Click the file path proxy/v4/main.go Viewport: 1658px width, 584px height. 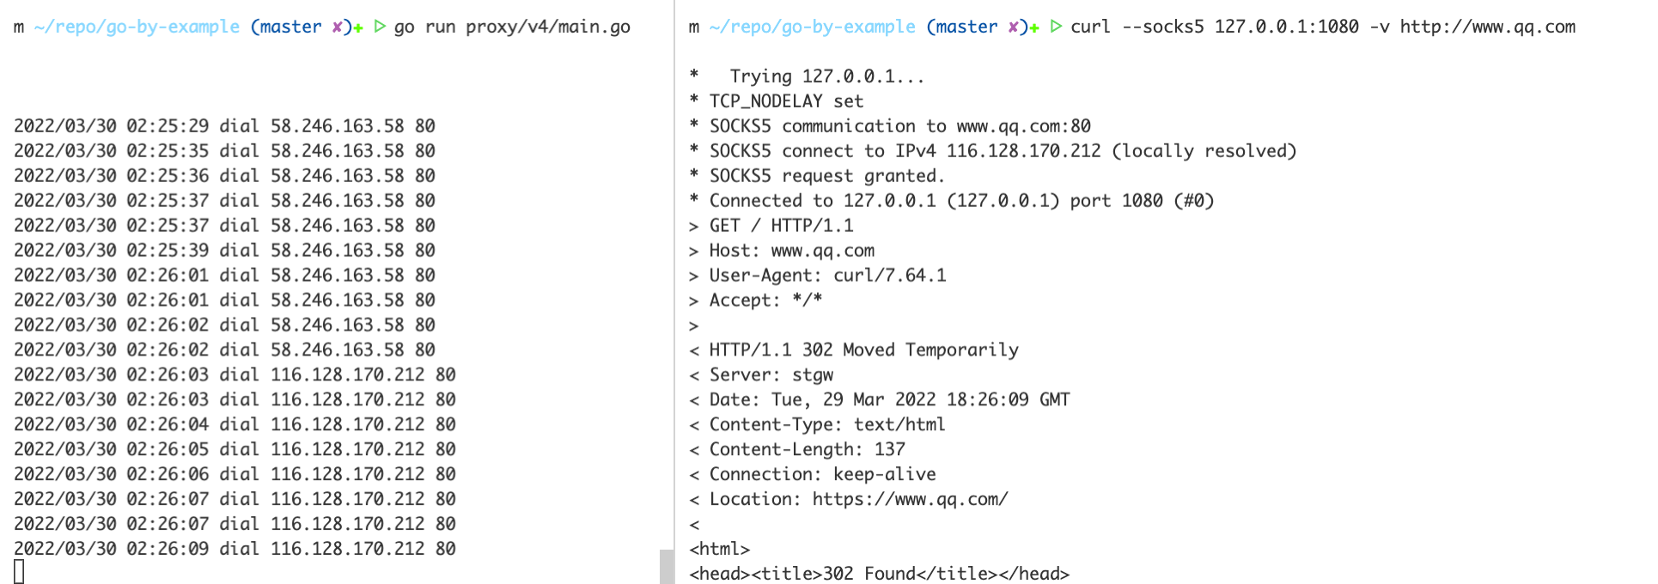coord(548,27)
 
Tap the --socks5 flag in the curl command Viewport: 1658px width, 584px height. coord(1163,27)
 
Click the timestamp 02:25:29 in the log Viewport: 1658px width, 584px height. coord(168,126)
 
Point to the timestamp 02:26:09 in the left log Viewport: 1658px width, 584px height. coord(168,549)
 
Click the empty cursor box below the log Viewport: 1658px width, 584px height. coord(19,571)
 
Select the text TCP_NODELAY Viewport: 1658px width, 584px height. coord(766,101)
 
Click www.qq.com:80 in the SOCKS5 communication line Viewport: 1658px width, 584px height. coord(1024,126)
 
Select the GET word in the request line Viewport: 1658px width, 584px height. coord(724,226)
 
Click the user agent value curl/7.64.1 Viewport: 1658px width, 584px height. coord(890,276)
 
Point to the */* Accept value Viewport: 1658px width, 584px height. coord(808,301)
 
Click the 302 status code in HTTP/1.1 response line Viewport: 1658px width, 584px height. coord(817,350)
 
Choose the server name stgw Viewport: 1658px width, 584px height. coord(813,375)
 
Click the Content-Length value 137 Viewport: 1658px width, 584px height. coord(890,450)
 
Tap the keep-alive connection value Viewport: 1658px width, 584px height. coord(885,475)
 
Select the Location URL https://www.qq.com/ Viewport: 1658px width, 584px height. coord(911,500)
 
